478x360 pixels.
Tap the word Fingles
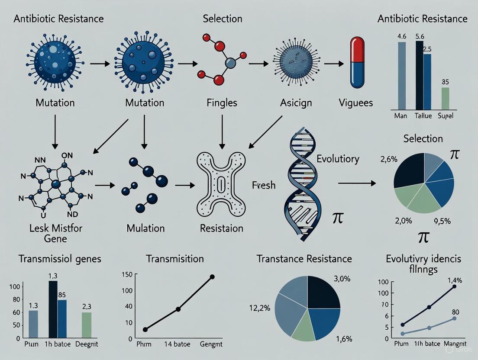coord(222,103)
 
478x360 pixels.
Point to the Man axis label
coord(400,116)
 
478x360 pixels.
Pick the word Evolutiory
coord(338,158)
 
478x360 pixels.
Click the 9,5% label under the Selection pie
coord(441,221)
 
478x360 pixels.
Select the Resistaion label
coord(221,228)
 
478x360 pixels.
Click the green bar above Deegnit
coord(86,325)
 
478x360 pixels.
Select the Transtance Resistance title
coord(304,259)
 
